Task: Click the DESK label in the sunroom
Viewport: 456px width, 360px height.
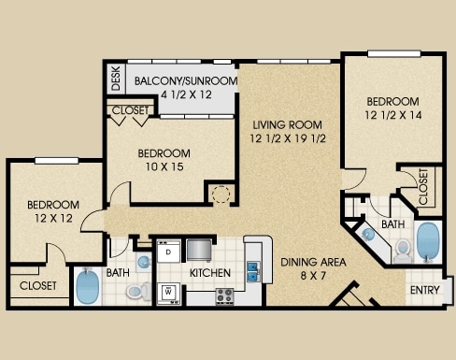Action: click(116, 79)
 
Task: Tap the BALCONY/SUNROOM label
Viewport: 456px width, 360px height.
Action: click(186, 81)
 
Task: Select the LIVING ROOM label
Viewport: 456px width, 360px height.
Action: click(287, 125)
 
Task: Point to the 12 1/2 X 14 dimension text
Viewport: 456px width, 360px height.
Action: click(393, 115)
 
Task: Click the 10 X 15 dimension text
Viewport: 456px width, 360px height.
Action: click(164, 166)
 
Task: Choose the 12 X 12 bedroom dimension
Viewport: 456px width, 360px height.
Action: click(53, 218)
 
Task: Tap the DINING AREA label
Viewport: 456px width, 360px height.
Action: click(313, 262)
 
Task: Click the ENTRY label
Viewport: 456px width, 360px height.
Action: click(425, 290)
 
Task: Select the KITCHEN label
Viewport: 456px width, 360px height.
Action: click(210, 273)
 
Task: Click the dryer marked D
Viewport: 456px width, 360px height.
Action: click(168, 252)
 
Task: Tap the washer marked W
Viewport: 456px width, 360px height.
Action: click(168, 294)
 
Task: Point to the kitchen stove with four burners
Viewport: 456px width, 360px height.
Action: click(224, 295)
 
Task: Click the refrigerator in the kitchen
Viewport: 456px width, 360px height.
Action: click(200, 250)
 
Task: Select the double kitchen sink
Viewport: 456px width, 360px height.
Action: click(253, 271)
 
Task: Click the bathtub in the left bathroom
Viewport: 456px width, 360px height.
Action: click(88, 287)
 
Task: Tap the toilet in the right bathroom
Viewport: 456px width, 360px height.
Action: click(403, 251)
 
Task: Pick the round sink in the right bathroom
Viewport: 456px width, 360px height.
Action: click(369, 235)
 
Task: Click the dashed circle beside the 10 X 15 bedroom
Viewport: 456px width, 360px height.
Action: click(221, 194)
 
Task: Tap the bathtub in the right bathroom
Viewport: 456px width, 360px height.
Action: click(428, 240)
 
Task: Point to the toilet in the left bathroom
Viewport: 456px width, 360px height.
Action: click(139, 292)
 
